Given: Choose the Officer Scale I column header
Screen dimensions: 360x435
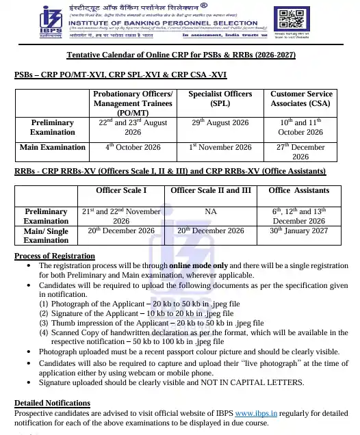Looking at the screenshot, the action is pos(122,190).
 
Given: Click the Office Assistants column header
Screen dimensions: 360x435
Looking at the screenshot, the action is pos(299,190).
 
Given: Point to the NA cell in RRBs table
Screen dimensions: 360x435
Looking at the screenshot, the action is pos(211,212).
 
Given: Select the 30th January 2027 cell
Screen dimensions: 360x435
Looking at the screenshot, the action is pos(299,230).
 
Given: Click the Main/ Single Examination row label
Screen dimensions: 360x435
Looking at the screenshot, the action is pos(47,235).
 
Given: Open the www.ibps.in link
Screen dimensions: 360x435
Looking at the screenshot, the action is pos(256,413).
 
